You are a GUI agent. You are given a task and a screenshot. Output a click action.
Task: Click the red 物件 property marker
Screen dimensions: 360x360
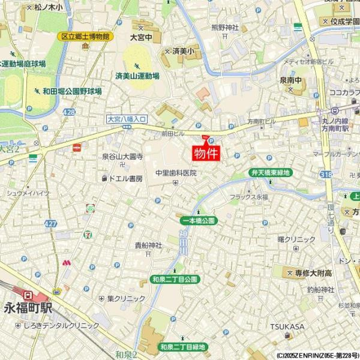click(x=206, y=152)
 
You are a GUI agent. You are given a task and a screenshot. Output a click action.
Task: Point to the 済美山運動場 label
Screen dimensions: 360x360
click(x=137, y=76)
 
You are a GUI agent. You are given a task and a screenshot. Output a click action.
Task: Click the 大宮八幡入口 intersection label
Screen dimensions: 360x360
click(x=127, y=119)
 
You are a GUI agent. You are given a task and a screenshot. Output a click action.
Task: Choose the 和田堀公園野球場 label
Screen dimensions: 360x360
click(x=72, y=91)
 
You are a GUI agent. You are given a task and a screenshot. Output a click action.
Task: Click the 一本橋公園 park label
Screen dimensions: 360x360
click(x=197, y=221)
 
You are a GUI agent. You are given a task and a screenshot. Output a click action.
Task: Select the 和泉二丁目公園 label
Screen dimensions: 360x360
click(x=175, y=280)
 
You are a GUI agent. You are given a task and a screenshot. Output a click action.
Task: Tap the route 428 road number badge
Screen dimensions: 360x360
click(x=69, y=112)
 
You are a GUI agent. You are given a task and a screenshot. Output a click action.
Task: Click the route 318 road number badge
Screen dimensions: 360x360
click(x=326, y=174)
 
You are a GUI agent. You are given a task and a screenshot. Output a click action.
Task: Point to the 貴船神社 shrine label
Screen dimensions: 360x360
click(x=148, y=245)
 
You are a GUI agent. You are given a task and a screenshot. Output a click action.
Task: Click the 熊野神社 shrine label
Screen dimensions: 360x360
click(x=225, y=28)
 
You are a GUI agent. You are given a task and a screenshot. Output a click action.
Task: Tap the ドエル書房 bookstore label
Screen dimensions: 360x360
click(x=125, y=179)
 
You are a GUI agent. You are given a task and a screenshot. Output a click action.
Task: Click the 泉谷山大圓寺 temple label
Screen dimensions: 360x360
click(x=122, y=157)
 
